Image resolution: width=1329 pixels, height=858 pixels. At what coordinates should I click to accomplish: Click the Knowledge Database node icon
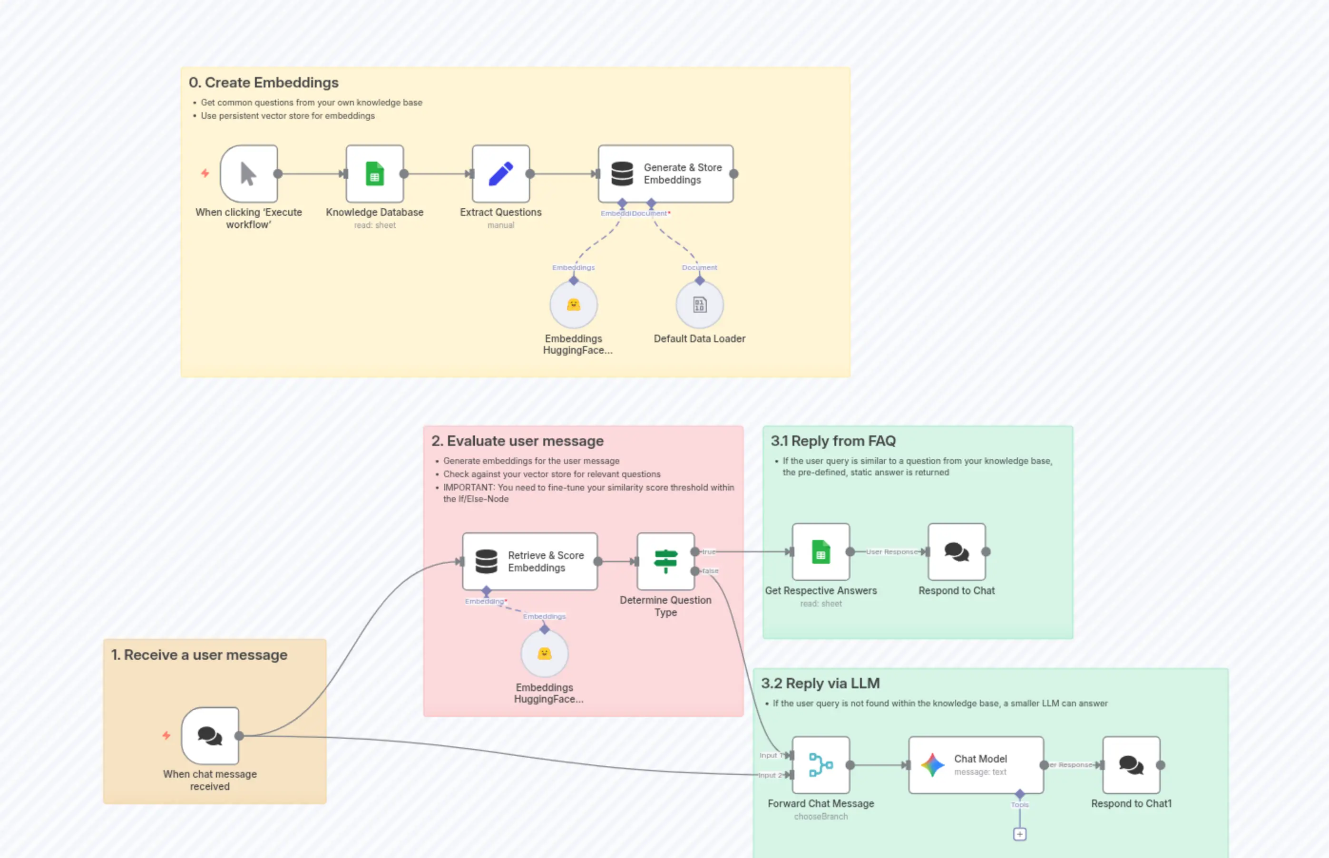[375, 174]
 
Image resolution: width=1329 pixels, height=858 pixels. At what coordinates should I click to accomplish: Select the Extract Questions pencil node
[500, 174]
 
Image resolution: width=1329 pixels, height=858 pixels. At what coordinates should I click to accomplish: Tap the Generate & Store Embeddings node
[665, 174]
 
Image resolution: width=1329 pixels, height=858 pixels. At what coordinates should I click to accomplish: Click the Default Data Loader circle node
[700, 305]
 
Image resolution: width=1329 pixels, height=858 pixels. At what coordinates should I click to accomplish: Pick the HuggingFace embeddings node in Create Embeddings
[574, 305]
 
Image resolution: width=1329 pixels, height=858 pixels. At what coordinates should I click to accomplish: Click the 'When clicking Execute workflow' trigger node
[249, 174]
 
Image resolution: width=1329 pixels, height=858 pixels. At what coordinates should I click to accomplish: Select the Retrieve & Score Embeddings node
[529, 561]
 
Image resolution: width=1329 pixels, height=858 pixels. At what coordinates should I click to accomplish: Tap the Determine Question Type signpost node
[665, 561]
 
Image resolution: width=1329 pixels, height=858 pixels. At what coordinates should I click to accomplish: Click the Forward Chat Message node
[821, 765]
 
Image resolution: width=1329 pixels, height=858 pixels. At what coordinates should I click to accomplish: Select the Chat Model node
[976, 765]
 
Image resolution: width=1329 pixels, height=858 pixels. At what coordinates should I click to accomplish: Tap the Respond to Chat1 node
[1131, 765]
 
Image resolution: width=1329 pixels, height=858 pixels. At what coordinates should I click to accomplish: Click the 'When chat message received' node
[210, 736]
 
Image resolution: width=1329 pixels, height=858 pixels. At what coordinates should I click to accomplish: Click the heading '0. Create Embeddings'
[263, 82]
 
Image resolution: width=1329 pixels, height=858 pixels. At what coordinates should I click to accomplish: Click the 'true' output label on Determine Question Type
[709, 551]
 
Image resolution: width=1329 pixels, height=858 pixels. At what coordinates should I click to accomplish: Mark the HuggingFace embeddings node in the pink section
[545, 654]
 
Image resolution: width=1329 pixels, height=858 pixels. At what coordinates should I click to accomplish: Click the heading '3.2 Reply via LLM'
[820, 684]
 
